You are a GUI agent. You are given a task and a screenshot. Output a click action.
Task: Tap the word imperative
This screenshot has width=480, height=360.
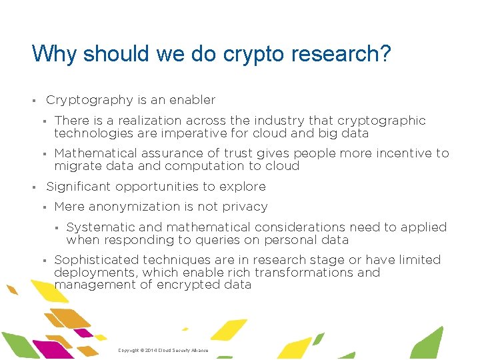tap(188, 133)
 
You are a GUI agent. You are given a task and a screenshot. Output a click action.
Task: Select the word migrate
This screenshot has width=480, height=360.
tap(77, 166)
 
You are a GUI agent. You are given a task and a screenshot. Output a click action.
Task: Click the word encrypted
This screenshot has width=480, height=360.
tap(188, 285)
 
